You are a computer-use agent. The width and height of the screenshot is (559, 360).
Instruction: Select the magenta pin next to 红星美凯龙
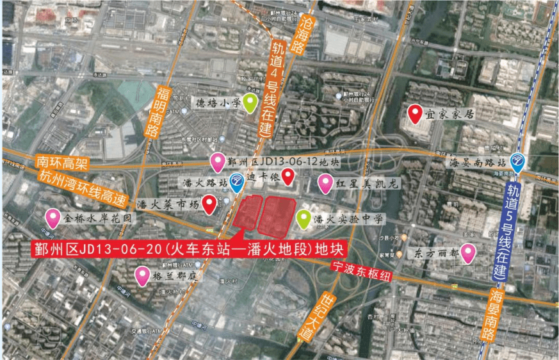325,183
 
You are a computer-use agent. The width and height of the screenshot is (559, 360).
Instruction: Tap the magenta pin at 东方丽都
469,253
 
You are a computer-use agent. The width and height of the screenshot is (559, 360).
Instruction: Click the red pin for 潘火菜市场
209,204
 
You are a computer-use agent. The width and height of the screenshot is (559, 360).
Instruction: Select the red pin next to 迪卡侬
289,176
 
